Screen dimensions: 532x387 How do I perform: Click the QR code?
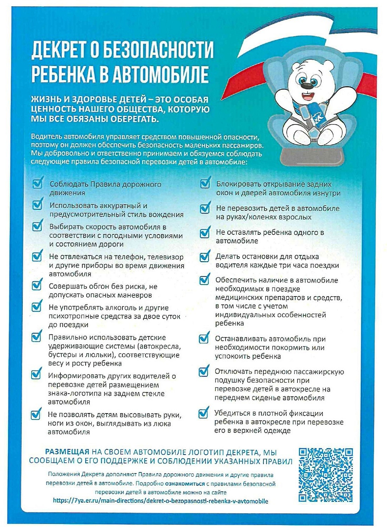pos(326,475)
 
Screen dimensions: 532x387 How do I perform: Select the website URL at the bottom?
pos(160,501)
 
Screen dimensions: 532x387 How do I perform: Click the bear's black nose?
pos(305,86)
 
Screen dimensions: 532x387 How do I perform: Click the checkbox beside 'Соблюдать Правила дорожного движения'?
pos(37,183)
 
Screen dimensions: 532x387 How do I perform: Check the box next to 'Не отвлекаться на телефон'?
pos(37,256)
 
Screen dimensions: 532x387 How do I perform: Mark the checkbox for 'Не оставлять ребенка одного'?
pos(205,233)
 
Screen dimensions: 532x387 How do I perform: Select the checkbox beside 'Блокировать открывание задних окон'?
pos(205,183)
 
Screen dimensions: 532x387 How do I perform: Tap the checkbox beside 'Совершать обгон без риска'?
pos(37,286)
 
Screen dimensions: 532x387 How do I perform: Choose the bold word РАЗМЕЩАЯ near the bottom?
pos(67,452)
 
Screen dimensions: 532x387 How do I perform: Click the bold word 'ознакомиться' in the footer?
pos(185,483)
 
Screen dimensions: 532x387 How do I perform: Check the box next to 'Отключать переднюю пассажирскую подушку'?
pos(203,371)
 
